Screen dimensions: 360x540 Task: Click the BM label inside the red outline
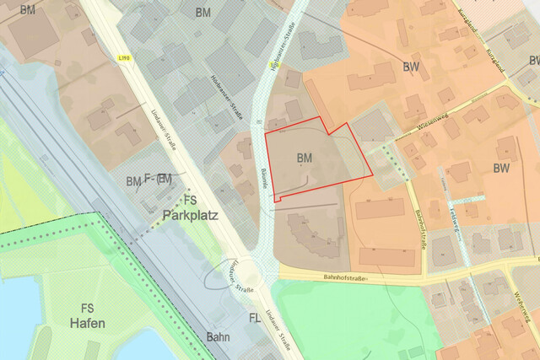[x=305, y=158]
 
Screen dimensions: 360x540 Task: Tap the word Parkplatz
[x=191, y=215]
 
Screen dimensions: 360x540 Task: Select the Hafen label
[x=87, y=323]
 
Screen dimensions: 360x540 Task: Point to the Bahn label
[x=219, y=336]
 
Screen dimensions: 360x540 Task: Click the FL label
[x=254, y=318]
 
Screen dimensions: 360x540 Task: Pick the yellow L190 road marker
[x=125, y=57]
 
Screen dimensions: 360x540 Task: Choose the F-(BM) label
[x=158, y=179]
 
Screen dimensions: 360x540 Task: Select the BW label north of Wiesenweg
[x=411, y=67]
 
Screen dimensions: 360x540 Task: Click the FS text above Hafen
[x=87, y=308]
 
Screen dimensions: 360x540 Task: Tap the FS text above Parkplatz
[x=191, y=201]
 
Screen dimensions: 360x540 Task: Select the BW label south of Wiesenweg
[x=501, y=168]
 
